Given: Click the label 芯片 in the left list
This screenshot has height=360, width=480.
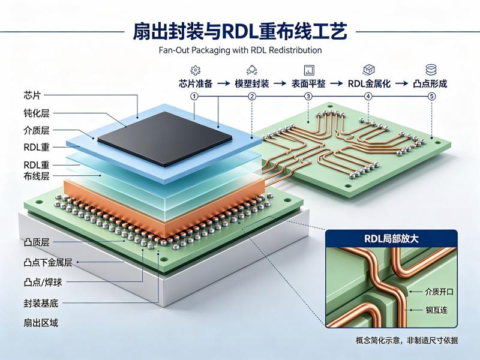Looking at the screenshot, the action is [32, 95].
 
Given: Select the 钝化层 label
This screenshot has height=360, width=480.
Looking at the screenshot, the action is [37, 113].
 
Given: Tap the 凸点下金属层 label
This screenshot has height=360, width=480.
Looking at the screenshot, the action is [48, 262].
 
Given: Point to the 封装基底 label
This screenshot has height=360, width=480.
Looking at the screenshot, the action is [41, 304].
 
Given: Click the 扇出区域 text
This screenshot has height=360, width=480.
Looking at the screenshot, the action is [41, 323].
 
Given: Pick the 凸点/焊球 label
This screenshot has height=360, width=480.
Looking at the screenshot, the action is [43, 282].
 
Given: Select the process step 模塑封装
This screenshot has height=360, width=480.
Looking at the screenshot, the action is [251, 83].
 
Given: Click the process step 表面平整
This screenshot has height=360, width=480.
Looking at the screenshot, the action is [308, 83].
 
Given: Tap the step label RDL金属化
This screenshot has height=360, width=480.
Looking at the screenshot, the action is [369, 83].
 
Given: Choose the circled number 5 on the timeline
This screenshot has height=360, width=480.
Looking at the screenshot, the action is [431, 97].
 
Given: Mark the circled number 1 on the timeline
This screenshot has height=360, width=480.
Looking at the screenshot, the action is [194, 97].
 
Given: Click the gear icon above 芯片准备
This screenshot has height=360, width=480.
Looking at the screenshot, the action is [196, 70].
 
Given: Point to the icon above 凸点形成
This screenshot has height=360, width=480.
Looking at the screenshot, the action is [431, 70].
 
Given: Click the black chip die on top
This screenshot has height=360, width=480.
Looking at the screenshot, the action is [164, 139].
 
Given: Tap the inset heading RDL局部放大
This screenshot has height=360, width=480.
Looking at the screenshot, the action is [391, 238].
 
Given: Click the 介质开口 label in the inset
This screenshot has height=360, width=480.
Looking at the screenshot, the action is [439, 292].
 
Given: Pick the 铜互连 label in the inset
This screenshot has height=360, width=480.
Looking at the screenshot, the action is [436, 310].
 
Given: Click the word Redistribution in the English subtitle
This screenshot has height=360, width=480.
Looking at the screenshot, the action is [295, 50].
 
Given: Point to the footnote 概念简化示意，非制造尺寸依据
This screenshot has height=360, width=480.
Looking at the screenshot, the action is [407, 340].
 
